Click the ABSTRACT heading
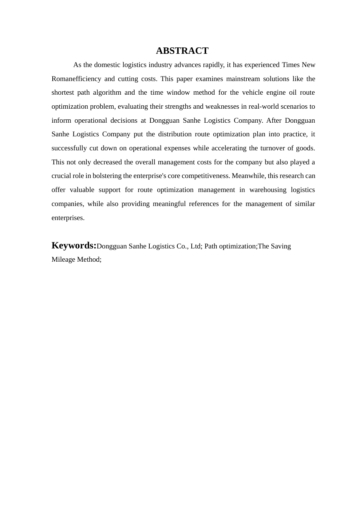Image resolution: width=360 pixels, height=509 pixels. pyautogui.click(x=182, y=51)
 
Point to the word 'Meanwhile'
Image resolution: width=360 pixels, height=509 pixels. pyautogui.click(x=248, y=176)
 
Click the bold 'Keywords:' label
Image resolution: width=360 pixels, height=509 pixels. pyautogui.click(x=74, y=245)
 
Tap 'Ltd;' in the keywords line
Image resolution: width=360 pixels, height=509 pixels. pyautogui.click(x=196, y=246)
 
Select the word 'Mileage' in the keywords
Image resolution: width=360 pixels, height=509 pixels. pyautogui.click(x=63, y=259)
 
